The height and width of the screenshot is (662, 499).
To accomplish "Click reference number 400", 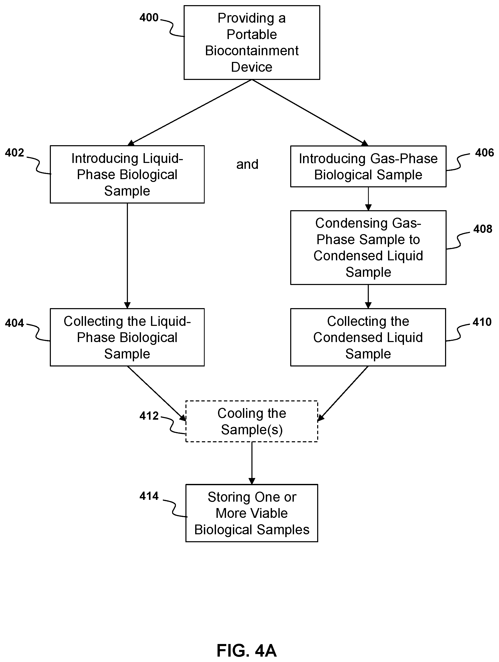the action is coord(149,18).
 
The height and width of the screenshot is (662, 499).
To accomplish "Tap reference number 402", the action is coord(14,153).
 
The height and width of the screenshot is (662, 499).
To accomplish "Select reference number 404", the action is coord(14,323).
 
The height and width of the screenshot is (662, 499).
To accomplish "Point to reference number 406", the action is coord(484,153).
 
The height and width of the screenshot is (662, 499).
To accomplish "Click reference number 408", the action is coord(483,229).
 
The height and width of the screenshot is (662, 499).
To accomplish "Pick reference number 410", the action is coord(482,322).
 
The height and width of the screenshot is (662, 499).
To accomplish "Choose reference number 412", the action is coord(149,416).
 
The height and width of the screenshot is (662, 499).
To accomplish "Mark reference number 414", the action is coord(149,496).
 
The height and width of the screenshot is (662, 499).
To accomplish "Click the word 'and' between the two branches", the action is coord(247,164).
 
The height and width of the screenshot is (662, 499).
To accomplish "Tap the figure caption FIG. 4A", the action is coord(247,650).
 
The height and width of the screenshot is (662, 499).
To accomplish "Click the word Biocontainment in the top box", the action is coord(252,51).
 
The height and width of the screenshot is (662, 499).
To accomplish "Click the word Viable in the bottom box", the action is coord(269,513).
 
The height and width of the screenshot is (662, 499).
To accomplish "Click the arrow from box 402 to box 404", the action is coord(127,256).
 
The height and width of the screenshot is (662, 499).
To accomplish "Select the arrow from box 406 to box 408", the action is coord(368,199).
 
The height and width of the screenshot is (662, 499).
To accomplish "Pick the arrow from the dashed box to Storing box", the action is coord(252,463).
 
